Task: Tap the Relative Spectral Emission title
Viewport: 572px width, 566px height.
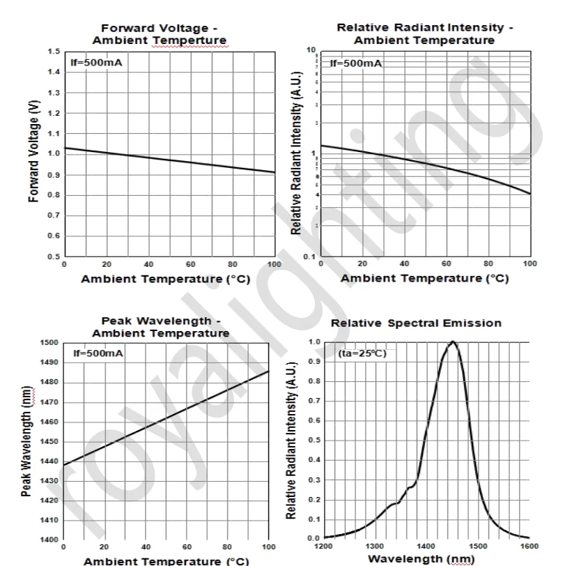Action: click(x=416, y=323)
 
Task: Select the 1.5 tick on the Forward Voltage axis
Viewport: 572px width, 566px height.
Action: click(x=54, y=52)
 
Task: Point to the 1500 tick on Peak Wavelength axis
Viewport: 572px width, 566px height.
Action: click(x=48, y=343)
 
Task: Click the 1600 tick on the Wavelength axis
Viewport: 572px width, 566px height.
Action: click(x=529, y=546)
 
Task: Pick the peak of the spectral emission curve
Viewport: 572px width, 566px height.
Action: click(x=453, y=342)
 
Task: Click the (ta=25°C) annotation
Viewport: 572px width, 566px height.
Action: click(x=362, y=353)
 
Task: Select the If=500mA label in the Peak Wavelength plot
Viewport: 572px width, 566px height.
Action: click(x=98, y=353)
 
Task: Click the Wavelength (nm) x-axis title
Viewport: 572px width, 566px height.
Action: click(x=422, y=558)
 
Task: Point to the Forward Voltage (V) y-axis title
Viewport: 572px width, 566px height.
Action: click(x=33, y=151)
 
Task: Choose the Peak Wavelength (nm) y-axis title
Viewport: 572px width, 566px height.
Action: click(x=26, y=441)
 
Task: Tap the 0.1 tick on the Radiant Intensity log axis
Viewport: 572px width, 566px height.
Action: click(x=310, y=257)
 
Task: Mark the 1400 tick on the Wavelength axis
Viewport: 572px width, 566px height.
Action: click(x=426, y=546)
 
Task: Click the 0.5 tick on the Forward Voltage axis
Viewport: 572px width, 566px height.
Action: click(x=54, y=257)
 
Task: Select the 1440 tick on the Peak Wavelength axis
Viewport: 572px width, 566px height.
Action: click(x=48, y=461)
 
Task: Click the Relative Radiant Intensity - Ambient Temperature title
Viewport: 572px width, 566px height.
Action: click(x=424, y=33)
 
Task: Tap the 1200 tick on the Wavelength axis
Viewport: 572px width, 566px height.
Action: click(x=324, y=546)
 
